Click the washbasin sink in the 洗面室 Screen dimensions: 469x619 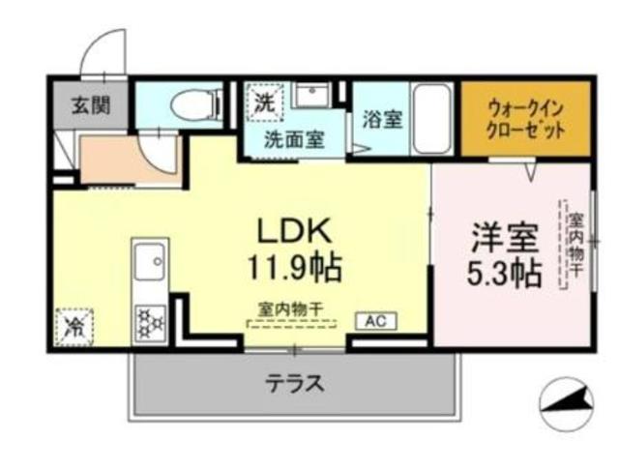point(312,98)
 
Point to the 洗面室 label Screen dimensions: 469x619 point(295,137)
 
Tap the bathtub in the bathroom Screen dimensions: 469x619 point(431,118)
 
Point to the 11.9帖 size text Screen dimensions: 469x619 point(294,266)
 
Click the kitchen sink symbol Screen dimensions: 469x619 point(151,260)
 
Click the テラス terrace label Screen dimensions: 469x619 point(295,383)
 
